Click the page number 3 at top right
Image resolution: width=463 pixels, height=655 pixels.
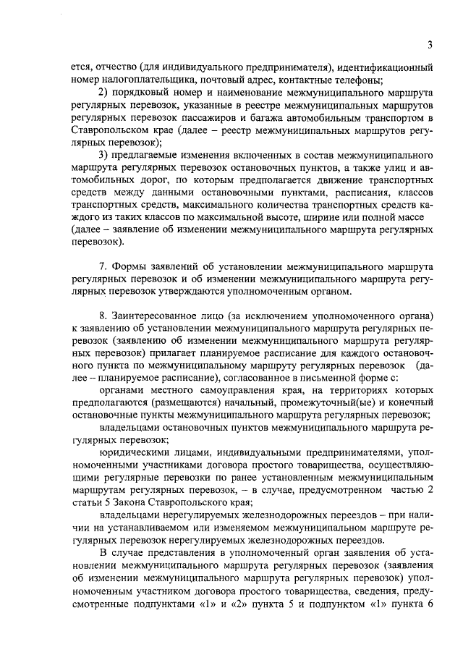(x=430, y=46)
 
